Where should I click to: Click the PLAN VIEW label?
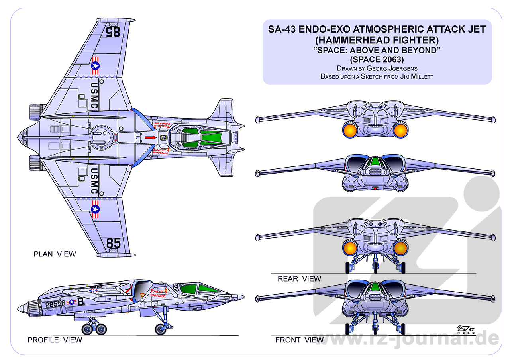55,254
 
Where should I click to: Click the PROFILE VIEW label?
55,340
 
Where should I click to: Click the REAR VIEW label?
299,279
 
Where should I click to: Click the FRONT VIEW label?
299,340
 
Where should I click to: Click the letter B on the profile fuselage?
80,302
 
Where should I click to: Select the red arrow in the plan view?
150,138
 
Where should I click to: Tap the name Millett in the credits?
419,76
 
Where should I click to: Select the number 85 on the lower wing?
113,243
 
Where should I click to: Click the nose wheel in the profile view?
161,329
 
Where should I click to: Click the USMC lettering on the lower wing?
94,181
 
